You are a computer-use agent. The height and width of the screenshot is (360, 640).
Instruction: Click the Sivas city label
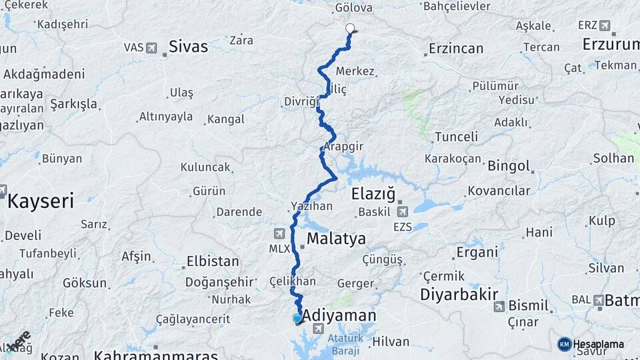tap(188, 47)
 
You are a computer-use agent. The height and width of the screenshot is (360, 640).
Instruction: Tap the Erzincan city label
tap(456, 49)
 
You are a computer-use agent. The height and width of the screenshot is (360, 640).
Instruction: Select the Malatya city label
tap(336, 239)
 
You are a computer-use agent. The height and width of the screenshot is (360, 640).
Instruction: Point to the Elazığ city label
tap(373, 195)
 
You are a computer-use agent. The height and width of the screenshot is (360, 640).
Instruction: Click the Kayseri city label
tap(40, 201)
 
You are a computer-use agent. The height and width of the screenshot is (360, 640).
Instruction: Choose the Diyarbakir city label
tap(459, 295)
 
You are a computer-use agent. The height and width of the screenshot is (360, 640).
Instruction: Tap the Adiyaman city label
tap(339, 315)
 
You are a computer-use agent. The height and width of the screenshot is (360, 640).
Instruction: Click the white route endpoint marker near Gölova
tap(350, 29)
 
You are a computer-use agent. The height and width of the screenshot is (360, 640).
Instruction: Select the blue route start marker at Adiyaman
tap(297, 319)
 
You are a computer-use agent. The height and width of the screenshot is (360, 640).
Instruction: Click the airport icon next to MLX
tap(279, 233)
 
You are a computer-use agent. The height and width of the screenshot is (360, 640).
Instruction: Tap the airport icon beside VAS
tap(151, 48)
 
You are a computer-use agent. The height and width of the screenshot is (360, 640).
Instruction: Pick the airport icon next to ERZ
tap(604, 26)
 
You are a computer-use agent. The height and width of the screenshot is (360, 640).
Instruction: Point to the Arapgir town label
tap(345, 146)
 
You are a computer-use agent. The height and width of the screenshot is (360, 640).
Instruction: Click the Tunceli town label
tap(456, 137)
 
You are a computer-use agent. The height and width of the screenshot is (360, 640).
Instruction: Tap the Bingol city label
tap(509, 166)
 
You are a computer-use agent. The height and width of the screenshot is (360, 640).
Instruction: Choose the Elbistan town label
tap(213, 261)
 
